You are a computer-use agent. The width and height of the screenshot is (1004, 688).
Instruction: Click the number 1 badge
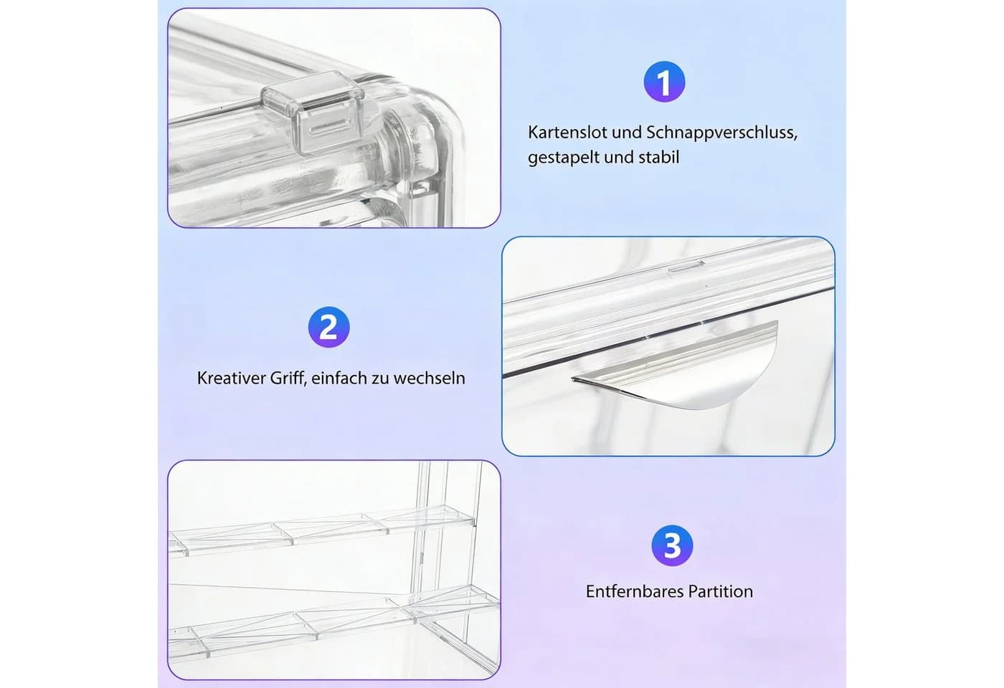(x=664, y=82)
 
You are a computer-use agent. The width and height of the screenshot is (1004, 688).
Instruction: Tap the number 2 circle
(x=329, y=327)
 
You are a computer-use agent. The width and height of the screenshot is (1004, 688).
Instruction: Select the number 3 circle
(x=672, y=545)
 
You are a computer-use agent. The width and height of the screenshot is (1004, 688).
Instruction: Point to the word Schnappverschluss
(x=721, y=133)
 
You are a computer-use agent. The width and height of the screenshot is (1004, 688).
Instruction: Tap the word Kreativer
(x=231, y=378)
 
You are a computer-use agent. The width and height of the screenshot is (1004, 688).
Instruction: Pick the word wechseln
(x=429, y=378)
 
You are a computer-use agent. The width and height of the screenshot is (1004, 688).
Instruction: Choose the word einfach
(x=338, y=378)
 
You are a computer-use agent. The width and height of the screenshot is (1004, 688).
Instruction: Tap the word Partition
(x=721, y=591)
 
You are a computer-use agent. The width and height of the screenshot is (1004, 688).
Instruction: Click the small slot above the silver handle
(x=686, y=267)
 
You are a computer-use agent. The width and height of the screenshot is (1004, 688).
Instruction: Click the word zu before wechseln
(x=380, y=379)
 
